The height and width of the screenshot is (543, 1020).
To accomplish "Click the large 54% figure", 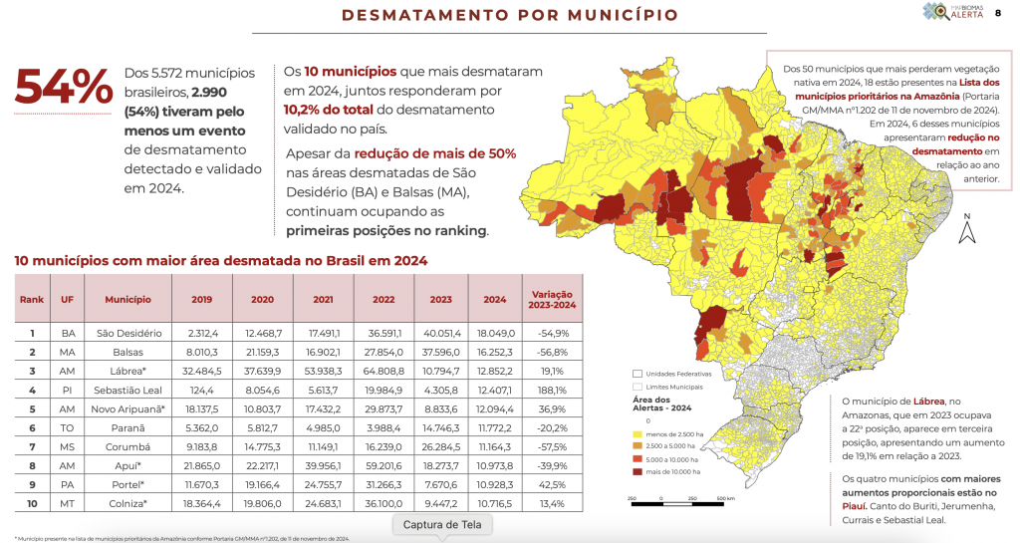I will click(63, 89).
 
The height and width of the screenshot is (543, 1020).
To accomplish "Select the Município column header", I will click(129, 299).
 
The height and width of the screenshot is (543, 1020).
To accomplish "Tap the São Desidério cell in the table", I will click(129, 334).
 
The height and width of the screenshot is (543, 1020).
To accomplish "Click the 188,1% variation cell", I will click(552, 390).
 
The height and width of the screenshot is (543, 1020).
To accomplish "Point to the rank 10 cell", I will click(33, 503).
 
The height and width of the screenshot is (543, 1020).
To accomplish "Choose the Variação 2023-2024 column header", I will click(552, 299).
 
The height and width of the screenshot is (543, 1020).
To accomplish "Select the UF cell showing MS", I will click(68, 446).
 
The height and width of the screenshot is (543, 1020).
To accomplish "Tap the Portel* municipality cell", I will click(129, 484).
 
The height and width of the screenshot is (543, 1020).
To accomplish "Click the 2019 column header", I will click(201, 299).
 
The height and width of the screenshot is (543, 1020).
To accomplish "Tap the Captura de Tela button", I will click(442, 524).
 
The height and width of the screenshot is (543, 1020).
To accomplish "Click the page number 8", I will click(998, 13).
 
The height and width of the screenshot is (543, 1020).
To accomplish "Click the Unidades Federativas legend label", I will click(674, 373).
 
